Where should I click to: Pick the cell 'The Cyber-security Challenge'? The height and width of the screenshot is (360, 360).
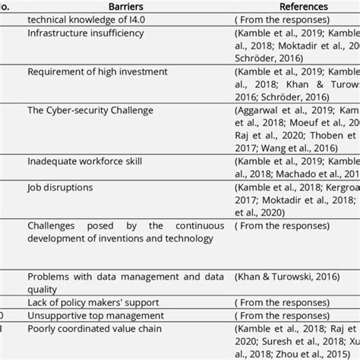pyautogui.click(x=90, y=110)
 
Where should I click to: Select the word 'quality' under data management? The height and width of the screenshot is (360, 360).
pyautogui.click(x=42, y=289)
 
